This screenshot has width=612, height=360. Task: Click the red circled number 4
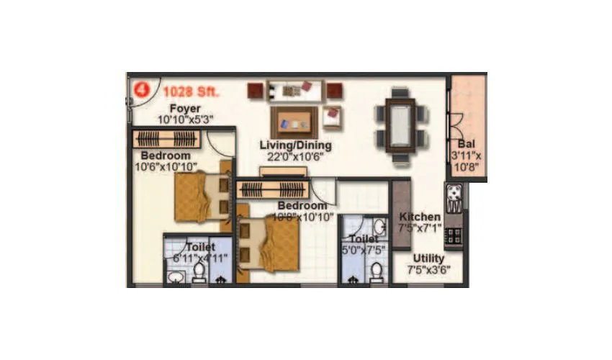(142, 91)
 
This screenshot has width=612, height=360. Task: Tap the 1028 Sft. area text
(190, 91)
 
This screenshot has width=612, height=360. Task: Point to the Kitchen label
(420, 217)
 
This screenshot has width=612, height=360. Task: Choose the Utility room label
(428, 258)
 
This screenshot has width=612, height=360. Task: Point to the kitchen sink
(456, 193)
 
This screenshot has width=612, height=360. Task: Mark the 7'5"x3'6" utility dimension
(428, 271)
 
